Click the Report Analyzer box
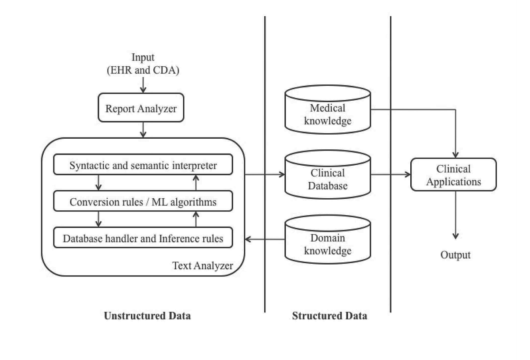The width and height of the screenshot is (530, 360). click(x=140, y=108)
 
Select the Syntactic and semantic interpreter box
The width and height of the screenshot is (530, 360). click(x=143, y=166)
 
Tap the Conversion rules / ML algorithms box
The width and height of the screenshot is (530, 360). click(x=143, y=202)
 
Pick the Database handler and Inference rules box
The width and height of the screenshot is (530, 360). click(x=143, y=239)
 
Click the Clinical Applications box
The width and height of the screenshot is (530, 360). click(x=453, y=175)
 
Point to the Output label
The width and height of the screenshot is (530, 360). click(x=455, y=255)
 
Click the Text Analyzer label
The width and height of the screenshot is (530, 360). click(x=202, y=265)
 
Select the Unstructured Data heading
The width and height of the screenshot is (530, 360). click(x=147, y=316)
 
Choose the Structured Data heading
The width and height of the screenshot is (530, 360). click(x=329, y=316)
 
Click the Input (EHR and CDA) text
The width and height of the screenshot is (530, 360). click(x=143, y=64)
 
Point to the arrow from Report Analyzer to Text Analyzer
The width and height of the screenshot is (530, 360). click(x=143, y=129)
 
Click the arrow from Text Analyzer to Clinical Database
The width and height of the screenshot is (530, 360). click(x=264, y=174)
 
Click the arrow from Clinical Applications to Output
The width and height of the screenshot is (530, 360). click(x=455, y=216)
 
